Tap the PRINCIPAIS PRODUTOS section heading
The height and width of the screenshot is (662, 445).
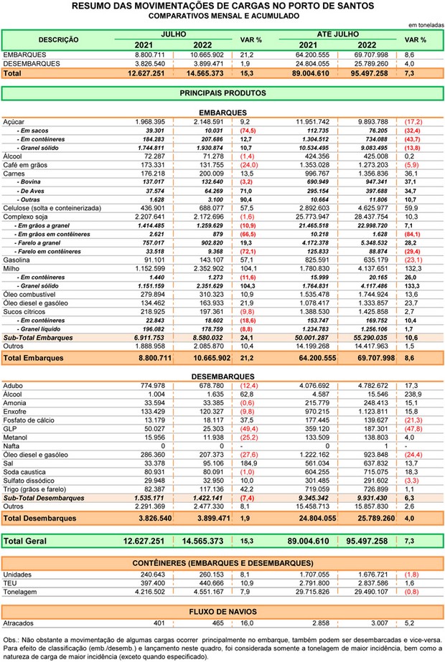222,93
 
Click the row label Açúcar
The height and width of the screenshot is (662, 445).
15,122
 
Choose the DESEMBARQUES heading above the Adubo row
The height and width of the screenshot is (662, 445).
222,377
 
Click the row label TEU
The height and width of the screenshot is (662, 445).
11,583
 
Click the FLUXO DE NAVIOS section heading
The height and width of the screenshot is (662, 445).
222,611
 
